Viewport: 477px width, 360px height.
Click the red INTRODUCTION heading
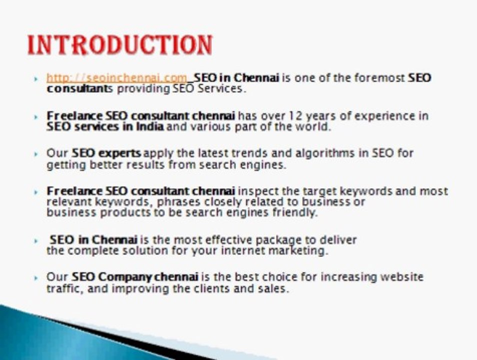119,45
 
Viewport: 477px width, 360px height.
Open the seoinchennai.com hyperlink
116,78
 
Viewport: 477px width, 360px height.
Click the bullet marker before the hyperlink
36,79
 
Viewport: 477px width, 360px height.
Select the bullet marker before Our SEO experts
36,154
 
